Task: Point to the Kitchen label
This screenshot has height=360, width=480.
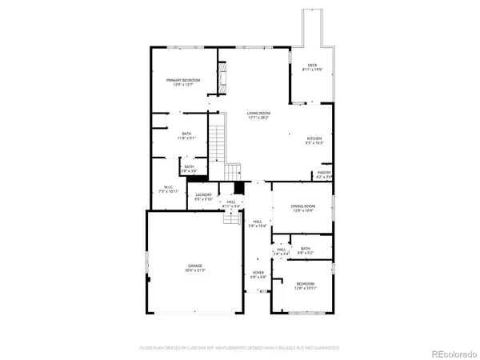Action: [314, 141]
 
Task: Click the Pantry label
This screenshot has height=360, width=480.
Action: [324, 174]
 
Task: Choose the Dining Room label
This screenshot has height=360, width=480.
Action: [302, 208]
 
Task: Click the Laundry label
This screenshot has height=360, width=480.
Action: [202, 197]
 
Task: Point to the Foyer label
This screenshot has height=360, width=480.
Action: [258, 275]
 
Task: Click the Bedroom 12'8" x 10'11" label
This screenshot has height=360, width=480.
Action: [306, 286]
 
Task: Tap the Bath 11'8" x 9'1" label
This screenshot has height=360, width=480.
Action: [186, 135]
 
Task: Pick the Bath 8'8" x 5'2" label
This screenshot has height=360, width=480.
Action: [306, 250]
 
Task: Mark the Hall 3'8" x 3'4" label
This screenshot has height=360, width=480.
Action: [281, 252]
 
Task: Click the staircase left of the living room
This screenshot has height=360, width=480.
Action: [217, 144]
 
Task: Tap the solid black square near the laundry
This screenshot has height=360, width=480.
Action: [238, 189]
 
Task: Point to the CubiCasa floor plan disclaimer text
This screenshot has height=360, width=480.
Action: [240, 348]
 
